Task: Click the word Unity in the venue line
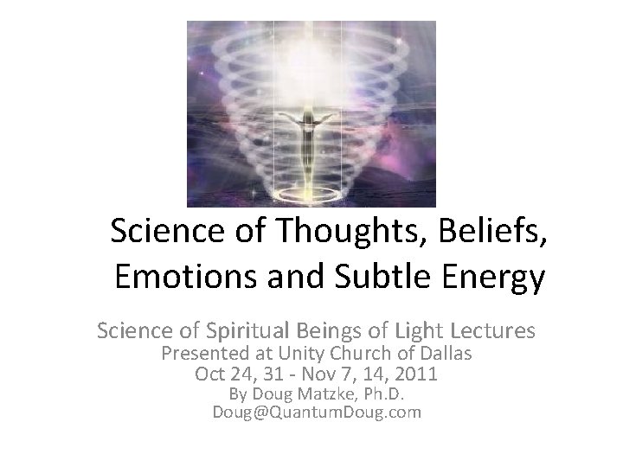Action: click(x=304, y=354)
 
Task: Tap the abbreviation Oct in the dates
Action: click(x=210, y=374)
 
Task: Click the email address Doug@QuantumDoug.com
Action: click(x=317, y=413)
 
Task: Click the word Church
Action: click(x=362, y=354)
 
